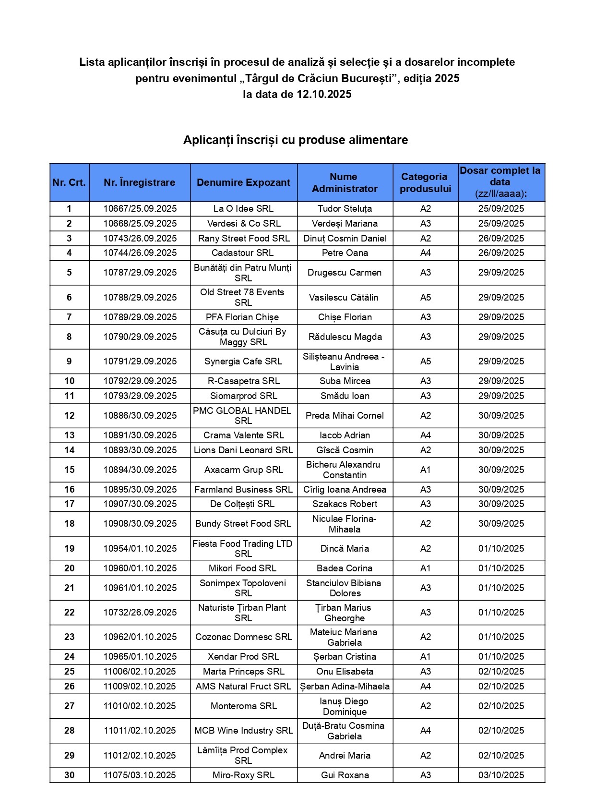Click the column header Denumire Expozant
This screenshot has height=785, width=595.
[243, 182]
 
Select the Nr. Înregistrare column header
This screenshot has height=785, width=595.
[140, 182]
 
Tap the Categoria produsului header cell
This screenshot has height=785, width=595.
[425, 182]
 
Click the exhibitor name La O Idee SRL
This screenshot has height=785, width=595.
[243, 209]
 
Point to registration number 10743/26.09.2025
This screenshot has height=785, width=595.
[140, 239]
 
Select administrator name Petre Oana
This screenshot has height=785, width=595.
[345, 253]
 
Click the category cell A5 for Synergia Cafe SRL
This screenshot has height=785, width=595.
[425, 362]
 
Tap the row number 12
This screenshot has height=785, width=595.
[70, 416]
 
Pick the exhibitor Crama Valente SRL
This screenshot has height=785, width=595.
[243, 435]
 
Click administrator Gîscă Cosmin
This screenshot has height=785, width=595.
[345, 450]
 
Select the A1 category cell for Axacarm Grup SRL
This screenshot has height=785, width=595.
[425, 470]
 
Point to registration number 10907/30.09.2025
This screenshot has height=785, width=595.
[140, 504]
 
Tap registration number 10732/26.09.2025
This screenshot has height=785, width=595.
[140, 613]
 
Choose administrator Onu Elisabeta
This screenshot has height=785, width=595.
[345, 672]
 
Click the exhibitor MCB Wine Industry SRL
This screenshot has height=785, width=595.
[243, 731]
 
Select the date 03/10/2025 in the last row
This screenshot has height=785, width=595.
[501, 775]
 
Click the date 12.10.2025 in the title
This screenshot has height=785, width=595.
[324, 95]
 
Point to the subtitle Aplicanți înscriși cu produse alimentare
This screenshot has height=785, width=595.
[296, 140]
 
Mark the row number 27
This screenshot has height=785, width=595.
[70, 706]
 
